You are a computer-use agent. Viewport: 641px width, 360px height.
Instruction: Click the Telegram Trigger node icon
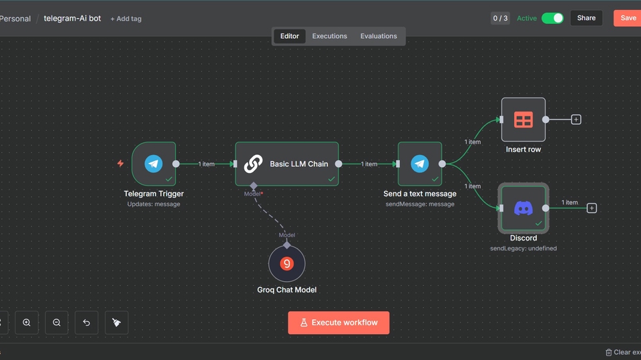click(154, 164)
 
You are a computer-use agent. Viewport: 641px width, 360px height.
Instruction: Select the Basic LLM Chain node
click(286, 164)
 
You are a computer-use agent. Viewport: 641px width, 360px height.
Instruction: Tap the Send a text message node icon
click(420, 164)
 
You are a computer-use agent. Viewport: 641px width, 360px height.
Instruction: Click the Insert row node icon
click(523, 120)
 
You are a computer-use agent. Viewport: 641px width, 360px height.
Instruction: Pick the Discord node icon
click(523, 208)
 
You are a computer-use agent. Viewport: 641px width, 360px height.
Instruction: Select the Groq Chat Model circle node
click(286, 263)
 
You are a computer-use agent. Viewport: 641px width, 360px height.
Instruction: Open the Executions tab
click(329, 36)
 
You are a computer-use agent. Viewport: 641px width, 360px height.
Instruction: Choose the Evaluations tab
click(379, 36)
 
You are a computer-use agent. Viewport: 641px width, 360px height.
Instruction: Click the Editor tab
click(289, 36)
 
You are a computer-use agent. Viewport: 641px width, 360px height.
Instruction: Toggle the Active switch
click(552, 18)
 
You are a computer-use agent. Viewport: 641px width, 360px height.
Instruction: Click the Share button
click(586, 18)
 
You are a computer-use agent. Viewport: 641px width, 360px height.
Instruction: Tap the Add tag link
click(126, 19)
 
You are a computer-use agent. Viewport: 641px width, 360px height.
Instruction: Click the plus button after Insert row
click(576, 120)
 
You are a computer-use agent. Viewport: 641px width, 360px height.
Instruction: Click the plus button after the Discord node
click(592, 208)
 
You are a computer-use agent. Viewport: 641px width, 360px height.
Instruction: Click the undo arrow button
click(86, 323)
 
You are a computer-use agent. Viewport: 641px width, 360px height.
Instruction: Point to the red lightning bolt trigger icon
click(120, 163)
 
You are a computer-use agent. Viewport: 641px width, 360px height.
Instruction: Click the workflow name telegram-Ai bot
click(72, 19)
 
